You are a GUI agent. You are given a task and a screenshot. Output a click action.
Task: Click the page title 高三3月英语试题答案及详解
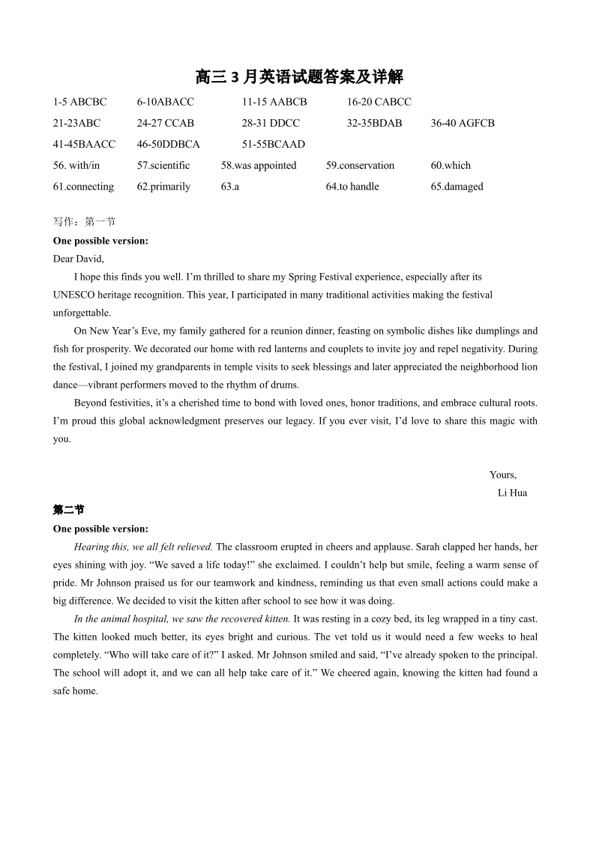click(299, 77)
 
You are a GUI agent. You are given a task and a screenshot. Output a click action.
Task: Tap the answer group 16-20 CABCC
click(379, 102)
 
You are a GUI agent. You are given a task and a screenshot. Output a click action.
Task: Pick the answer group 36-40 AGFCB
click(462, 123)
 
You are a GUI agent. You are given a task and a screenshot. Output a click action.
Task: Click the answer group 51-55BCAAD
click(273, 144)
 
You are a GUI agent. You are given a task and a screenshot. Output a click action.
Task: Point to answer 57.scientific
click(163, 165)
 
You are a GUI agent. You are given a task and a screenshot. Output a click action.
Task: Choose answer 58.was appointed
click(259, 165)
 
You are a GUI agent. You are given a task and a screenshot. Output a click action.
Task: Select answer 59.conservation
click(360, 165)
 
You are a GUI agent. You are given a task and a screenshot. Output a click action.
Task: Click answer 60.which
click(451, 165)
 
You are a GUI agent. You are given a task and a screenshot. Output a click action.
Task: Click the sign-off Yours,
click(503, 475)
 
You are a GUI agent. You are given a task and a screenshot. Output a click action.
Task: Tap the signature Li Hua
click(512, 493)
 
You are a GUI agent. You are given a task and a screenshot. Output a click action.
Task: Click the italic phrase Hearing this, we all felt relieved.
click(143, 547)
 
